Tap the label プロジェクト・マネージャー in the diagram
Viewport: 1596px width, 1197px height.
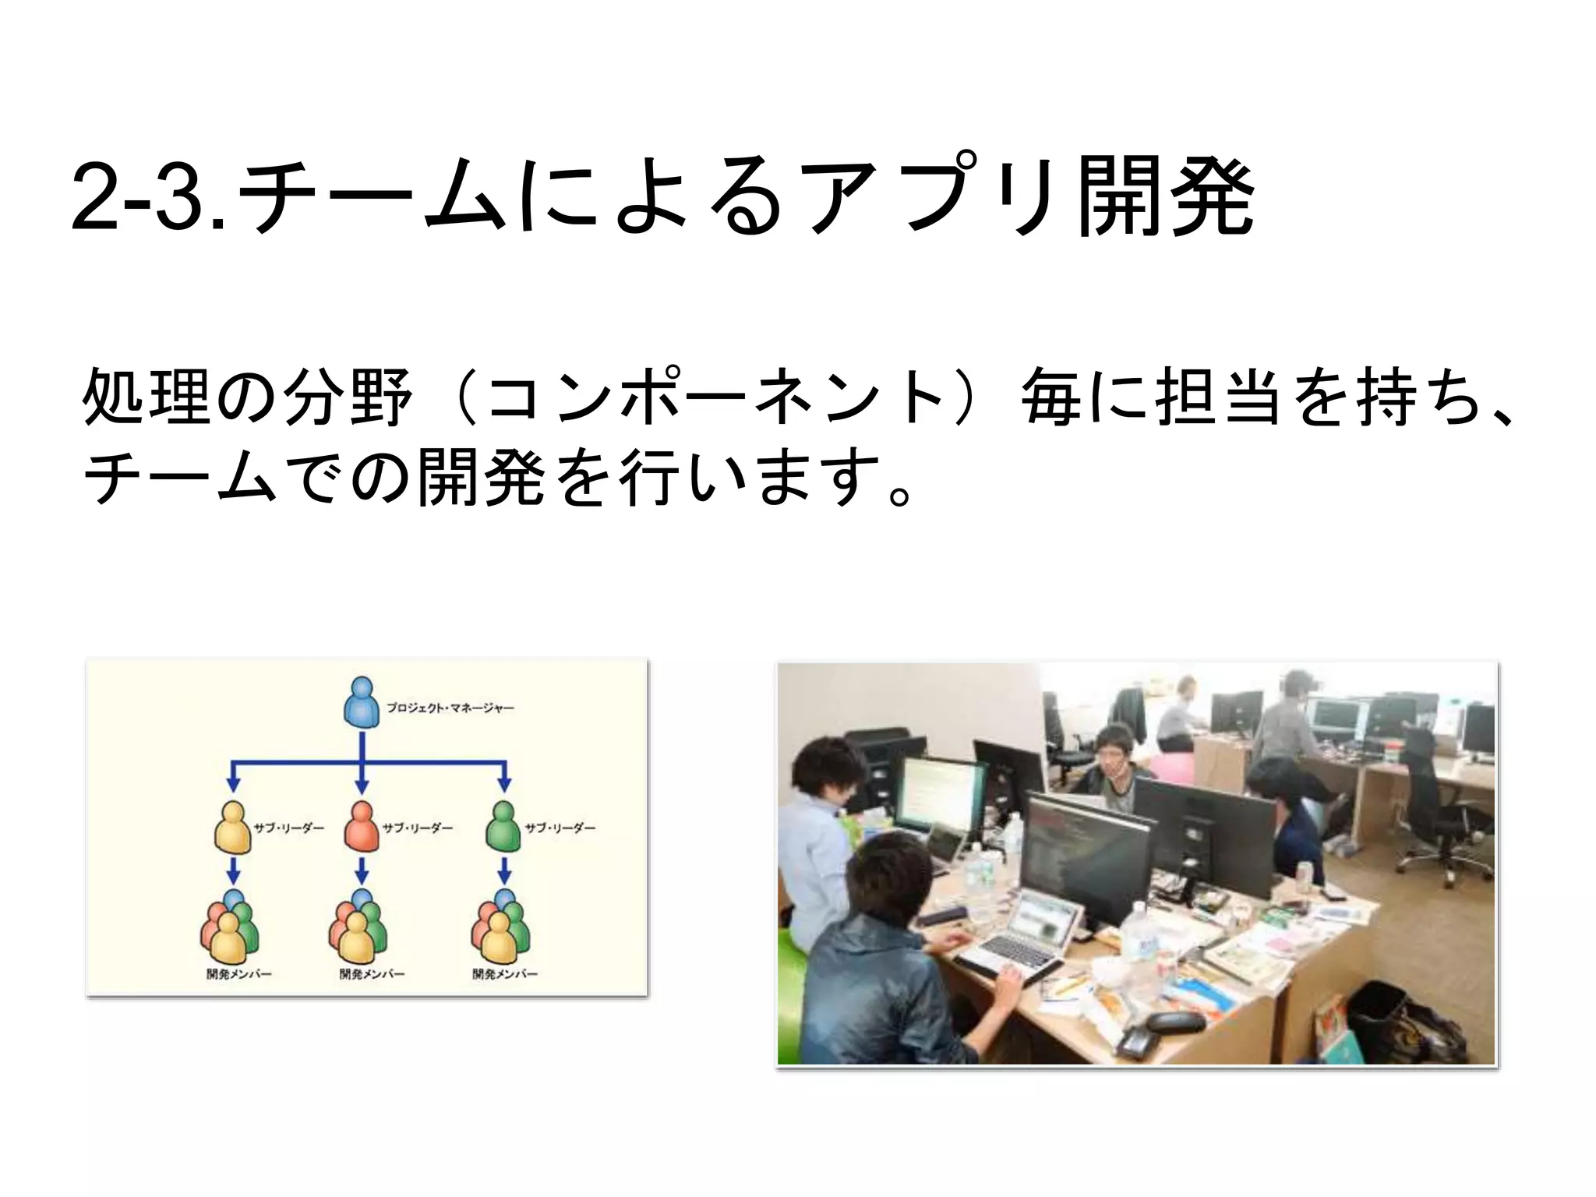point(450,708)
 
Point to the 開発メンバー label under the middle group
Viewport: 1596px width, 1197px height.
point(372,974)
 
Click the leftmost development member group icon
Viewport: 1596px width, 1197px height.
point(230,929)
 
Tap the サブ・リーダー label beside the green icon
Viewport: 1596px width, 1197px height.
point(560,828)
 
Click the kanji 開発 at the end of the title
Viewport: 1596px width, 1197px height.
point(1165,196)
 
